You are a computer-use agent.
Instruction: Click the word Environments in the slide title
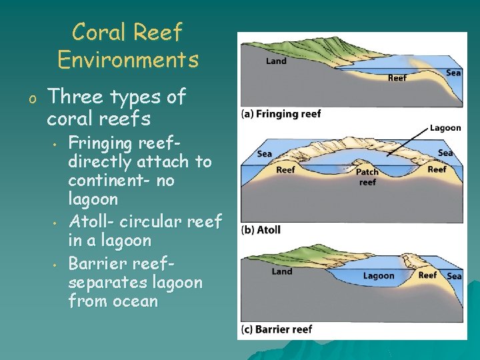coord(128,60)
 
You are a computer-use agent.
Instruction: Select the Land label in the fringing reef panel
coord(276,61)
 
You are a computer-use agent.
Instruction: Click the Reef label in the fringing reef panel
coord(397,77)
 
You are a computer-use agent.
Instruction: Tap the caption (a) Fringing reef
coord(281,114)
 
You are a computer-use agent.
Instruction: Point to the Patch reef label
coord(367,177)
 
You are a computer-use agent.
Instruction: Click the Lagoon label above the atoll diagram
coord(445,128)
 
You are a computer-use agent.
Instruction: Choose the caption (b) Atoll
coord(261,230)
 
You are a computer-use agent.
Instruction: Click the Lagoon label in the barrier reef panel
coord(379,276)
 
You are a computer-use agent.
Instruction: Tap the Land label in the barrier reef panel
coord(282,271)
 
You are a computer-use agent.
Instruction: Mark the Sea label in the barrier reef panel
coord(455,276)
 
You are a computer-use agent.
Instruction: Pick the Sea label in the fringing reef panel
coord(453,73)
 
